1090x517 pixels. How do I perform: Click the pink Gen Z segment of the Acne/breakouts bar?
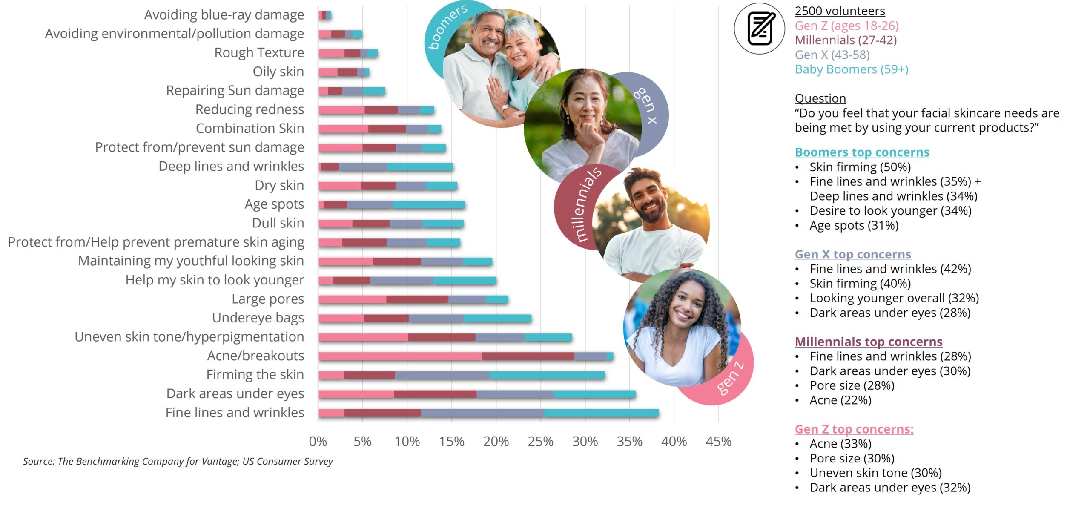[400, 356]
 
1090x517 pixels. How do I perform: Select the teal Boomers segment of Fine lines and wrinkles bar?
[601, 413]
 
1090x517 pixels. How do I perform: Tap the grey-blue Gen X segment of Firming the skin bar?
[442, 375]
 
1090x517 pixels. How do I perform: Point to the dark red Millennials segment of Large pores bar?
[417, 299]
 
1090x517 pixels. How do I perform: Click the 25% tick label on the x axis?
[540, 442]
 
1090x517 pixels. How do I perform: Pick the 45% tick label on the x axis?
[718, 442]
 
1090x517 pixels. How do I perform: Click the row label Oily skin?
[278, 72]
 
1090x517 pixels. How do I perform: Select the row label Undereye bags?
[258, 318]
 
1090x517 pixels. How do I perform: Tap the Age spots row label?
[274, 204]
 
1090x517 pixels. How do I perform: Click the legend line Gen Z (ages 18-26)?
[846, 26]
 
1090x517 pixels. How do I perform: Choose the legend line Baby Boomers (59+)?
[852, 69]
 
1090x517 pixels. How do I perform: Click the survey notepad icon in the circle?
[760, 29]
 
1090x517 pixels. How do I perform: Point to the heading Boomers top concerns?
[862, 152]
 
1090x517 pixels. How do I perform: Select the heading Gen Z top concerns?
[854, 429]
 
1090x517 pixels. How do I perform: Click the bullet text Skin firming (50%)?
[860, 167]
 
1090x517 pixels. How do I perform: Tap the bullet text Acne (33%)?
[840, 444]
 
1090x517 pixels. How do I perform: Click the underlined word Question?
[820, 98]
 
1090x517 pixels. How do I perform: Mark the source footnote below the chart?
[178, 461]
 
